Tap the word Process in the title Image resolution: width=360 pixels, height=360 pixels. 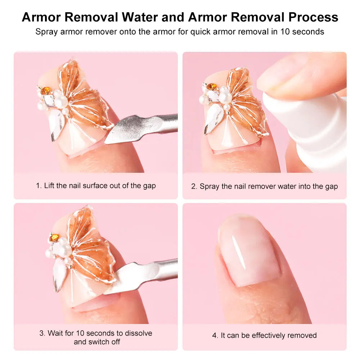coord(309,17)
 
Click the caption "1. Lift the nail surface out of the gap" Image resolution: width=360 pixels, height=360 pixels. coord(96,186)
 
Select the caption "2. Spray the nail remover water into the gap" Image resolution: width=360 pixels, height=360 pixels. coord(264,186)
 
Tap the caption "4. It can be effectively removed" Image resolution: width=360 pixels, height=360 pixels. coord(264,335)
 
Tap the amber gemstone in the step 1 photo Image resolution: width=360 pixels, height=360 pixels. coord(45,91)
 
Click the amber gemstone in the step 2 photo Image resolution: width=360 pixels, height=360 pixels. coord(212,86)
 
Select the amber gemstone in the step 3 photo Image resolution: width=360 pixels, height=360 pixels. coord(54,238)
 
